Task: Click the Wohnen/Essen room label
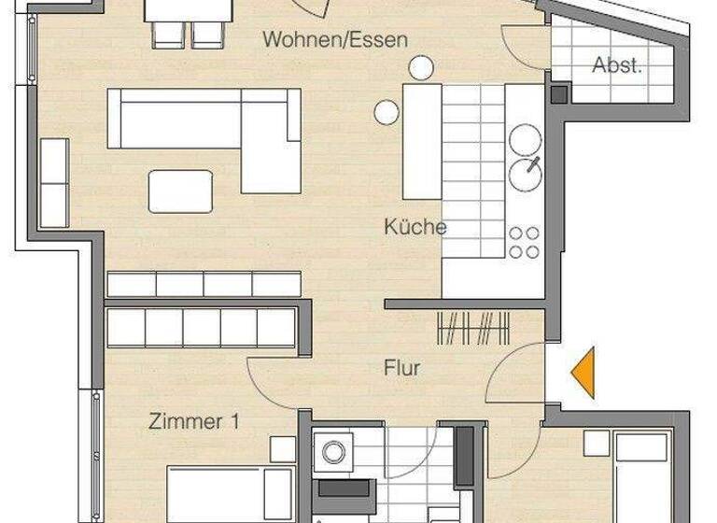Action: click(x=335, y=39)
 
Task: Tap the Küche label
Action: click(x=415, y=226)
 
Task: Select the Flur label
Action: click(x=401, y=368)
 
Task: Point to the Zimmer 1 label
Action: click(x=194, y=422)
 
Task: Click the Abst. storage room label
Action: click(x=617, y=65)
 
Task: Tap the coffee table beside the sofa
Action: click(x=180, y=191)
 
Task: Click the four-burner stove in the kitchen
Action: click(x=524, y=242)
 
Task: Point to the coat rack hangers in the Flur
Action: click(x=473, y=330)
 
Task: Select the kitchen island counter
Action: click(x=422, y=140)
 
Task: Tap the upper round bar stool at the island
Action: click(x=421, y=66)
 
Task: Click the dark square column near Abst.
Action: click(x=558, y=93)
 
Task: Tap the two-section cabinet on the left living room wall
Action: click(x=54, y=183)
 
